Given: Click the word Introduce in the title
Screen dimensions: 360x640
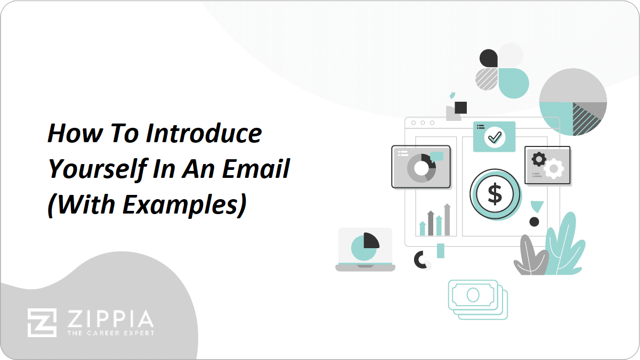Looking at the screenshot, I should [204, 133].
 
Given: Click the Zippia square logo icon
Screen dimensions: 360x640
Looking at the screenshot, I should [42, 323].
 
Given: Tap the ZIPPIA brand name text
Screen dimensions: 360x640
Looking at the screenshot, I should [110, 320].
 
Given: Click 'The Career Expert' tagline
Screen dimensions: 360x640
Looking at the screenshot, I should [110, 333].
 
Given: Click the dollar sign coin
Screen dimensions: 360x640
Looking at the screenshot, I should [495, 195].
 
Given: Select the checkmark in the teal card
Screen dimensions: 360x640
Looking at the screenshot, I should [495, 137].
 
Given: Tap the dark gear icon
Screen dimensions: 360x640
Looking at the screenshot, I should [539, 159].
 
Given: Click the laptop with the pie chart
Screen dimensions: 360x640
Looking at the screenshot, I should [365, 249].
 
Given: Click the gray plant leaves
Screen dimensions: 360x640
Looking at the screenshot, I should [529, 257].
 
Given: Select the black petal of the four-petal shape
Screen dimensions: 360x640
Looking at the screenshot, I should [488, 58].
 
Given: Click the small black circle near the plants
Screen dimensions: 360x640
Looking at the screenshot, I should [534, 222].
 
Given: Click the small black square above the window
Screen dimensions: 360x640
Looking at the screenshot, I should [461, 108].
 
